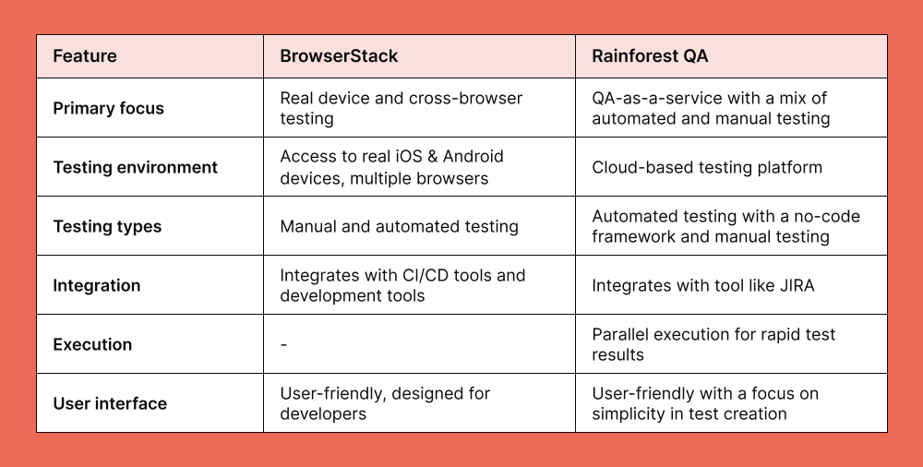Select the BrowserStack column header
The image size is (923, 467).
coord(339,56)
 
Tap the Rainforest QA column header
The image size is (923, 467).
coord(650,56)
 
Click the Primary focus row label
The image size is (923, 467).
coord(108,108)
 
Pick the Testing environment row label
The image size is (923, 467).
coord(135,167)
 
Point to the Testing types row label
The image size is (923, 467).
coord(107,226)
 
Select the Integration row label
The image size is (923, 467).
coord(97,285)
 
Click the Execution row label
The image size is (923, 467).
coord(92,344)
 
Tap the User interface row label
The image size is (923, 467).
coord(110,403)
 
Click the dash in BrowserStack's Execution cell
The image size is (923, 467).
coord(283,344)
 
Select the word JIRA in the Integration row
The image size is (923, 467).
coord(794,285)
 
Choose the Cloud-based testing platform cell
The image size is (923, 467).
coord(706,167)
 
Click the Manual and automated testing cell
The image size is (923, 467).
coord(399,226)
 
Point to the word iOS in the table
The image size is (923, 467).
coord(407,157)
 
